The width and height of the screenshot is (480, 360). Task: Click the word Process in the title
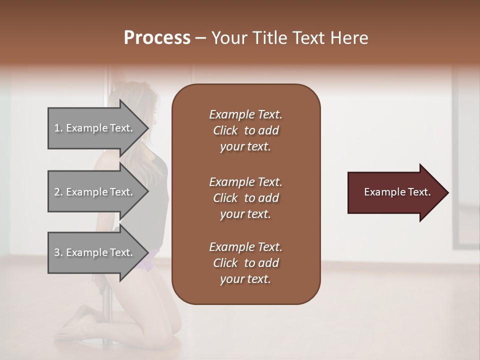[157, 37]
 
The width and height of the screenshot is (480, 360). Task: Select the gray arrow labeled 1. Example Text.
[95, 128]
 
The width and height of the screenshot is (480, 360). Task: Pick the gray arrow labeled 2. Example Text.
[95, 192]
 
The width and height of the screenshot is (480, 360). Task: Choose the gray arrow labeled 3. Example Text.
[95, 252]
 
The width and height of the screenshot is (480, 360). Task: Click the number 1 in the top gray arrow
[57, 128]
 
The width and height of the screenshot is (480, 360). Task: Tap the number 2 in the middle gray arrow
[57, 192]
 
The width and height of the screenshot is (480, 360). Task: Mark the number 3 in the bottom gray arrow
[57, 252]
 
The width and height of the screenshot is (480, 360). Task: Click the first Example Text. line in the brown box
[245, 114]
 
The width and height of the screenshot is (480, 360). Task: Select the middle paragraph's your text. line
[245, 214]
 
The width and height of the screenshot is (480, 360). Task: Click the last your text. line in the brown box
[245, 279]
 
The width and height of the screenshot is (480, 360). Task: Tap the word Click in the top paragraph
[225, 130]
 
